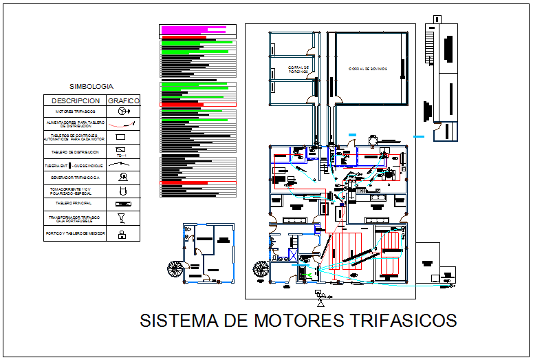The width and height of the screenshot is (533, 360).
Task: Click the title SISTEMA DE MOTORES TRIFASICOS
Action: (x=298, y=321)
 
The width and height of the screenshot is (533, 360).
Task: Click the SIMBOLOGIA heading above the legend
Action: (x=91, y=87)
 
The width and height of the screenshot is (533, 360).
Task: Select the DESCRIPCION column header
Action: (x=76, y=100)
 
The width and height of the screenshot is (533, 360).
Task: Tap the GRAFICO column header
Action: (x=124, y=100)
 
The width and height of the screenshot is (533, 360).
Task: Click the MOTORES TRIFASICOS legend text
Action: (x=76, y=111)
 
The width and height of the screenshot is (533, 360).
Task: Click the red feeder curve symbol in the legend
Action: (x=122, y=124)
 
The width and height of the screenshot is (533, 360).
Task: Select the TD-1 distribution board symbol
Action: (x=122, y=150)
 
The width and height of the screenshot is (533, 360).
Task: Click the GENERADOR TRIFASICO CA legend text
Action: (x=76, y=177)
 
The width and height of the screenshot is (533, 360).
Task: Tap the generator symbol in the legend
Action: (x=122, y=176)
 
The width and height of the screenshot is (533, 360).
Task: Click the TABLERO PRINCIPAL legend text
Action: (x=76, y=204)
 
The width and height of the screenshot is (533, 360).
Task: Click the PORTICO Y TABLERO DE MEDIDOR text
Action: (x=76, y=235)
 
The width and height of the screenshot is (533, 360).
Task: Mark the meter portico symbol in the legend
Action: (x=122, y=235)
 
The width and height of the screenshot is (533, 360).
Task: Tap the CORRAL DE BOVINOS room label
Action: (x=367, y=69)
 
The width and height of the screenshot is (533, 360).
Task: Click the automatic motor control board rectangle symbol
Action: (x=122, y=136)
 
